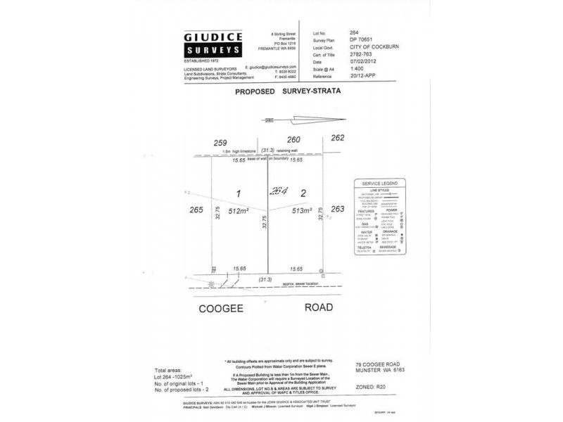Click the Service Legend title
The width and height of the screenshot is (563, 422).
point(379,184)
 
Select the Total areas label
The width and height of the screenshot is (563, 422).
point(170,369)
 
